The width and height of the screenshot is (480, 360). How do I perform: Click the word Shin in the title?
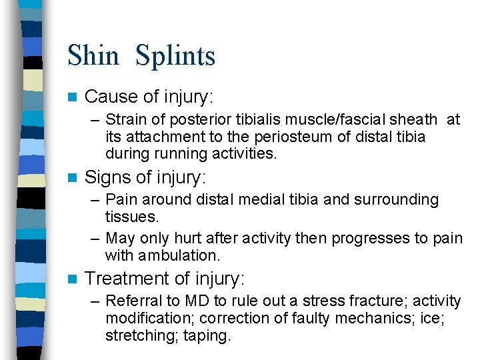pyautogui.click(x=94, y=55)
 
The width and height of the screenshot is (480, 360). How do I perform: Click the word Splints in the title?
pyautogui.click(x=175, y=56)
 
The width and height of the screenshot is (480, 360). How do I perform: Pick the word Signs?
pyautogui.click(x=107, y=178)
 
